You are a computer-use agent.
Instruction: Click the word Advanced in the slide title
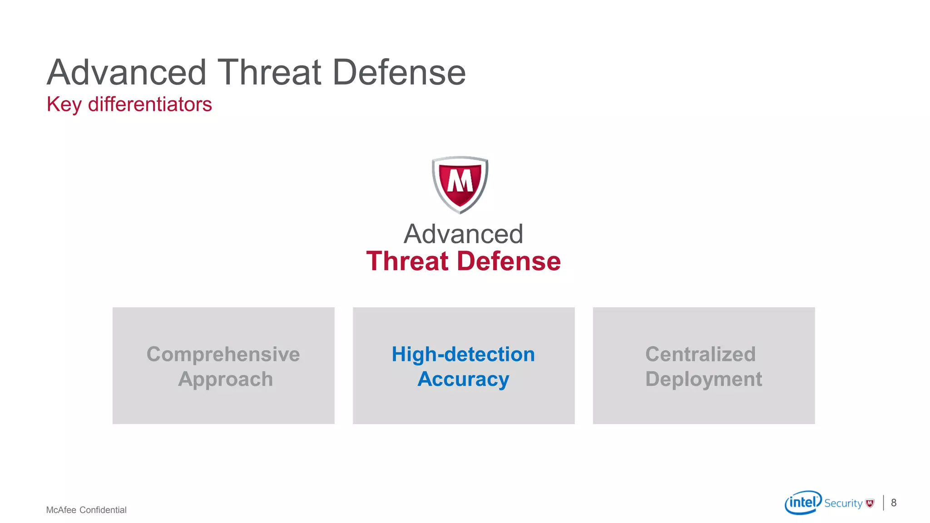tap(127, 72)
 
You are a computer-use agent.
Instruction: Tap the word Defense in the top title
tap(399, 72)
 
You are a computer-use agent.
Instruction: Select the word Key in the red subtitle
tap(64, 104)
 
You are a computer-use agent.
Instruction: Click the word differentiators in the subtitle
tap(150, 104)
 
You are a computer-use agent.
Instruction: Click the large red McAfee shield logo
tap(460, 184)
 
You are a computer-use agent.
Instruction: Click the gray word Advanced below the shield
tap(463, 234)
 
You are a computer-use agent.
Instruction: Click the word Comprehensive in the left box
tap(223, 354)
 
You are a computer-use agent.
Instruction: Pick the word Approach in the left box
tap(225, 379)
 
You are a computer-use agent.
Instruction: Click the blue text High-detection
tap(463, 354)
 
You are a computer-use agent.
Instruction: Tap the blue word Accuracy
tap(463, 379)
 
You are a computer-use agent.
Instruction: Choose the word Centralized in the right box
tap(700, 354)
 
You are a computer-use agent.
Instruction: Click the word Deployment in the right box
tap(703, 379)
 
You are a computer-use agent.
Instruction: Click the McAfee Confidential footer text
tap(86, 510)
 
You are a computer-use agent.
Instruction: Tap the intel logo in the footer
tap(803, 502)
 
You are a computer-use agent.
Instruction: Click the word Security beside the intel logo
tap(843, 503)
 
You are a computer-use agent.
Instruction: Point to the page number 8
tap(894, 503)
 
